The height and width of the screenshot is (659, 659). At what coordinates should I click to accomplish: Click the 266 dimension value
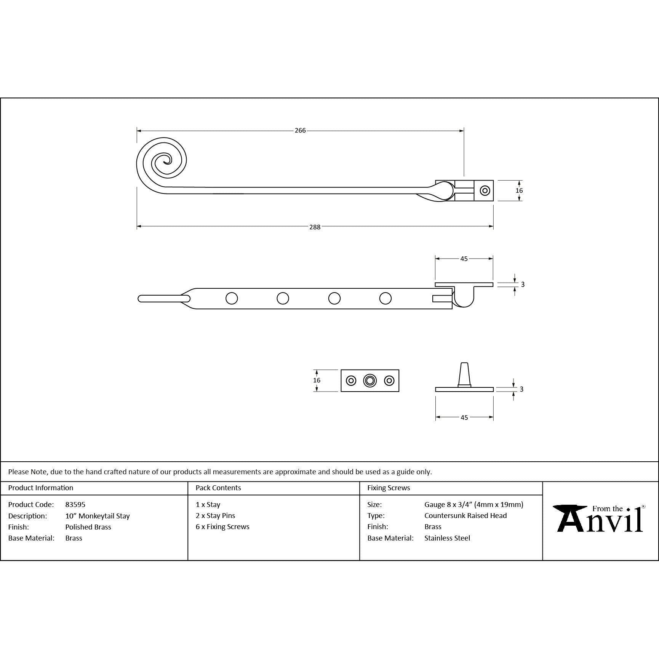[300, 131]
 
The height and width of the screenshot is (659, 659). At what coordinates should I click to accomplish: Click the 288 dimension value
[315, 227]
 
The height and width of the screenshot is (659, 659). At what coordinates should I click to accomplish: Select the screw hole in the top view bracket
[485, 190]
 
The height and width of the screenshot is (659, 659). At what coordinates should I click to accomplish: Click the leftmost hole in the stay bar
[232, 298]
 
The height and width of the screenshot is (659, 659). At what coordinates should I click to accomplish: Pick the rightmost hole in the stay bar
[385, 298]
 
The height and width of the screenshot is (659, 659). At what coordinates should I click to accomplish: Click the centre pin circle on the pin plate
[370, 381]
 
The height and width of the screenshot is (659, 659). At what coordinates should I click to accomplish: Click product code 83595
[75, 505]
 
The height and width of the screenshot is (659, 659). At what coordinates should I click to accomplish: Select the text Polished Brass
[88, 527]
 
